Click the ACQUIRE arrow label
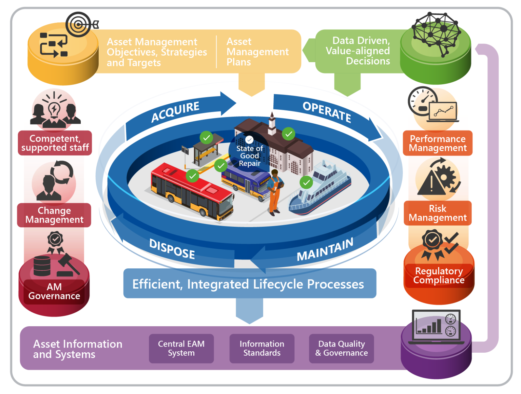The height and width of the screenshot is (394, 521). pos(175,111)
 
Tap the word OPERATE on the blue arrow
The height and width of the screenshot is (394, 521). pos(327,111)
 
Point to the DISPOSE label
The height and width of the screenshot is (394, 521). pos(172,249)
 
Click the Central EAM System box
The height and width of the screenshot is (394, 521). pos(181,348)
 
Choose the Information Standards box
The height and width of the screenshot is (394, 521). pos(262,348)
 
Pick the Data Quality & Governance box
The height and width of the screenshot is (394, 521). pos(341,348)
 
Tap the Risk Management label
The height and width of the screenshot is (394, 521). pos(438,213)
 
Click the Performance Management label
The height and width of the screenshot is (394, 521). pos(438,143)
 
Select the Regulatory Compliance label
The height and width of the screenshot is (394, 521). pos(439,275)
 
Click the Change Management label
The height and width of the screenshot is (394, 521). pos(54,215)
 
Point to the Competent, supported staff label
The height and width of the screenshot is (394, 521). pos(55,143)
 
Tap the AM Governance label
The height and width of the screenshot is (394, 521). pos(54,291)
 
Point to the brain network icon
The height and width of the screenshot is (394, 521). pos(436,34)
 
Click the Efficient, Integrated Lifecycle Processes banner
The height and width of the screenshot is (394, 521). pos(249,284)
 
